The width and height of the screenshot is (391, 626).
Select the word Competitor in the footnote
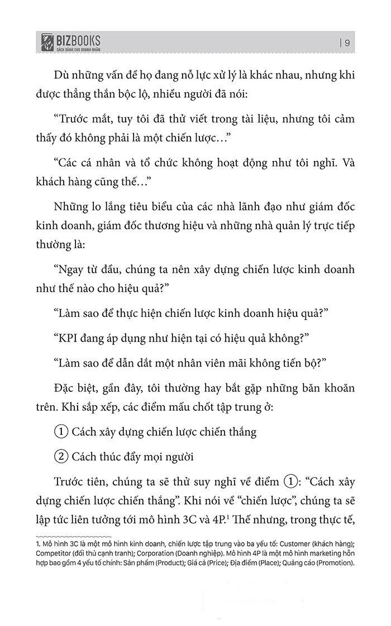coord(52,552)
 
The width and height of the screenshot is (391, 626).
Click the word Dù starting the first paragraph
coord(61,76)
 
